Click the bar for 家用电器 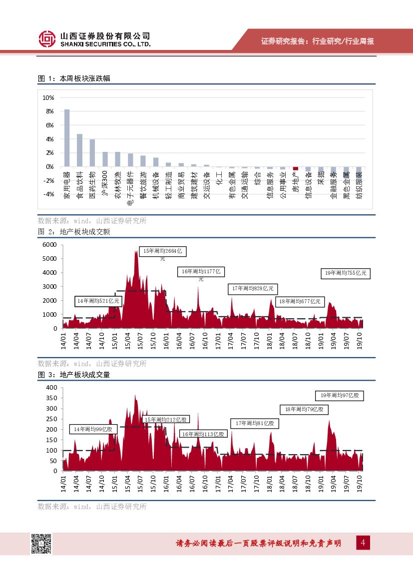point(67,138)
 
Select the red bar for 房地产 point(296,168)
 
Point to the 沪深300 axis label point(105,183)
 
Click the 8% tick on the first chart point(49,111)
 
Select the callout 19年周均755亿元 point(346,273)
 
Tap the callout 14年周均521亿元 point(98,301)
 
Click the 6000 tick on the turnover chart point(50,244)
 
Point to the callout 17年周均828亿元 point(254,289)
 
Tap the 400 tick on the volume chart point(51,388)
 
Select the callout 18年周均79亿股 point(304,409)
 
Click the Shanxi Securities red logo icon point(47,39)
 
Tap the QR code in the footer point(42,544)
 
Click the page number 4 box point(363,543)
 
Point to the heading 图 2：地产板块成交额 point(74,232)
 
